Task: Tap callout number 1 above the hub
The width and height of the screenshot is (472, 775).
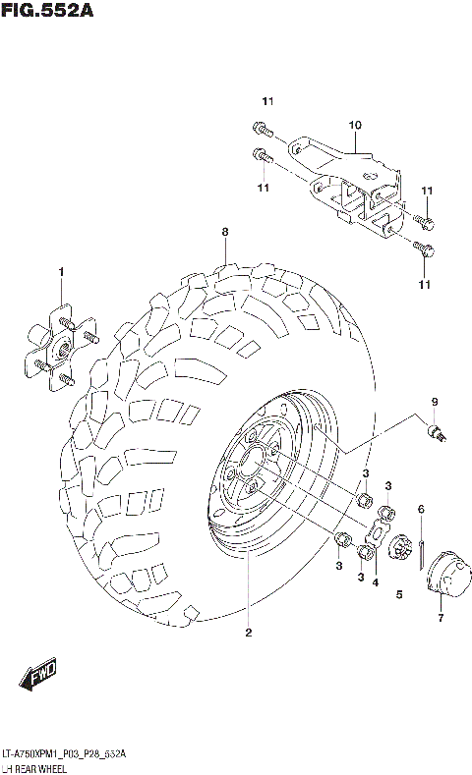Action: (x=60, y=271)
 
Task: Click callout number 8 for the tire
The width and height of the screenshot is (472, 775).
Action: (x=224, y=233)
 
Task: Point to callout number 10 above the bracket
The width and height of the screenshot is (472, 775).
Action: (x=355, y=126)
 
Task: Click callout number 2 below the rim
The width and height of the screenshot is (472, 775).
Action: (x=248, y=633)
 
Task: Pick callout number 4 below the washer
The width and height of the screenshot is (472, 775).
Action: (x=375, y=582)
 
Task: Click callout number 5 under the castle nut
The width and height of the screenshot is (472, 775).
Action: (x=399, y=594)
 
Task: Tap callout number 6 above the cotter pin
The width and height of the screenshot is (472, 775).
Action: (x=420, y=508)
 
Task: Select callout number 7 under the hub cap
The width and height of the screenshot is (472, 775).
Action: (x=441, y=618)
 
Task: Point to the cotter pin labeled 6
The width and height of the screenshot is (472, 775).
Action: (x=421, y=553)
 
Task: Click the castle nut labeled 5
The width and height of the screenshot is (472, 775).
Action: (x=400, y=549)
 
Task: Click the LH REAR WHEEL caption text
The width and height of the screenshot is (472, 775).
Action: (x=33, y=766)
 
